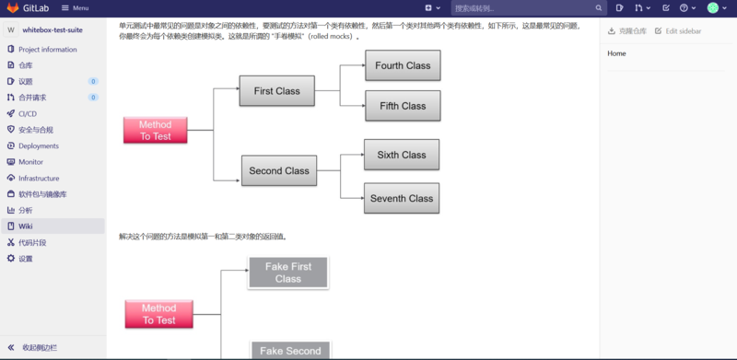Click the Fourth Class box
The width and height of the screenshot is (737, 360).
[403, 66]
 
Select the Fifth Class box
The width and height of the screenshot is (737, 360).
[403, 106]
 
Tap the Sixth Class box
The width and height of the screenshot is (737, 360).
[401, 155]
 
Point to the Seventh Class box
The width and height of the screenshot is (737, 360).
[401, 198]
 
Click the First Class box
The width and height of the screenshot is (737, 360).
[276, 91]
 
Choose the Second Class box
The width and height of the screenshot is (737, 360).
[278, 170]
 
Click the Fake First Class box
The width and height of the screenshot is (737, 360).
[287, 273]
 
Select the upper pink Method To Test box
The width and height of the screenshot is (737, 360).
[155, 131]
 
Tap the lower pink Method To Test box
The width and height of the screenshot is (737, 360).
[158, 314]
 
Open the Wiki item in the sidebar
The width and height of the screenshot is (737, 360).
[26, 226]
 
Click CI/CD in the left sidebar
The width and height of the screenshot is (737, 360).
[28, 113]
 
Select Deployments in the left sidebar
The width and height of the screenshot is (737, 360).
[39, 145]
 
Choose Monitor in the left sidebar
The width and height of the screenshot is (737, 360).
[31, 162]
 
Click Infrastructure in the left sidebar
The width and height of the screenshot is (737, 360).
[39, 179]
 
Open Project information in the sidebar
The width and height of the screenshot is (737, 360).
[48, 50]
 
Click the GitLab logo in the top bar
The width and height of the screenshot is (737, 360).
[13, 7]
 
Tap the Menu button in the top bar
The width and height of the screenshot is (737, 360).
[76, 7]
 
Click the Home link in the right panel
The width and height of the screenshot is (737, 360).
[617, 53]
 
